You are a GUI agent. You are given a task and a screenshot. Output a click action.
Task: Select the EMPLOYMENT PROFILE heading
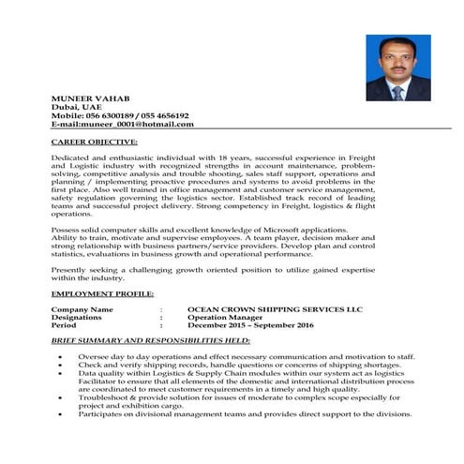[102, 294]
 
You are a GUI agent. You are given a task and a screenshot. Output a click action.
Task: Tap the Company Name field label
[82, 308]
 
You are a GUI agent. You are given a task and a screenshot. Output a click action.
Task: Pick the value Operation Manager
[229, 317]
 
